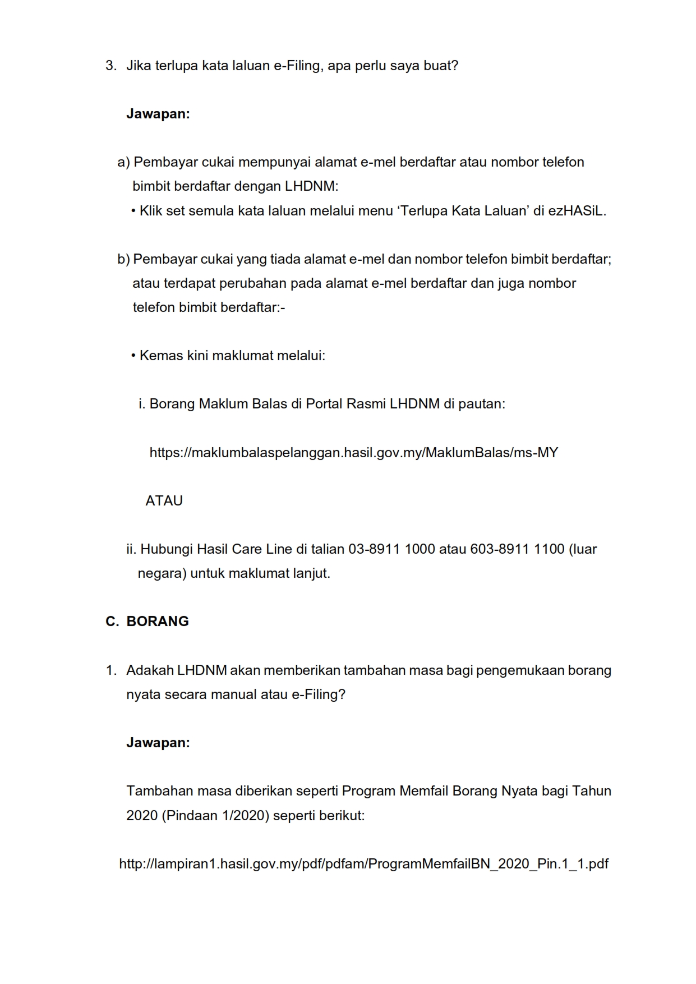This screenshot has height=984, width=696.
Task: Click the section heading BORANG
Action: click(x=158, y=622)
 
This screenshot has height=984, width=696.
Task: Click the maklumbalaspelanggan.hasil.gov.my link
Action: click(x=353, y=453)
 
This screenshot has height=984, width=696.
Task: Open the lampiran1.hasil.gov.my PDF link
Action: click(x=363, y=863)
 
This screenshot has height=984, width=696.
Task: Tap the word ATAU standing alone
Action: click(x=164, y=501)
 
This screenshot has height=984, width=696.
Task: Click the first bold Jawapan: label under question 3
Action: click(x=158, y=114)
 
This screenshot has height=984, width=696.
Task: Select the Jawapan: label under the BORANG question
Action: click(x=158, y=743)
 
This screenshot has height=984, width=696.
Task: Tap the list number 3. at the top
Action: click(x=111, y=66)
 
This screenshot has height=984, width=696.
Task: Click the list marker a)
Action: click(x=123, y=162)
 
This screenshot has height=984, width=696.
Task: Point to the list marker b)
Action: click(x=123, y=259)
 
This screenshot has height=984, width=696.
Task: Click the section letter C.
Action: click(x=112, y=622)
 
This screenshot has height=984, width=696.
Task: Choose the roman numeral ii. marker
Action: click(x=131, y=549)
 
